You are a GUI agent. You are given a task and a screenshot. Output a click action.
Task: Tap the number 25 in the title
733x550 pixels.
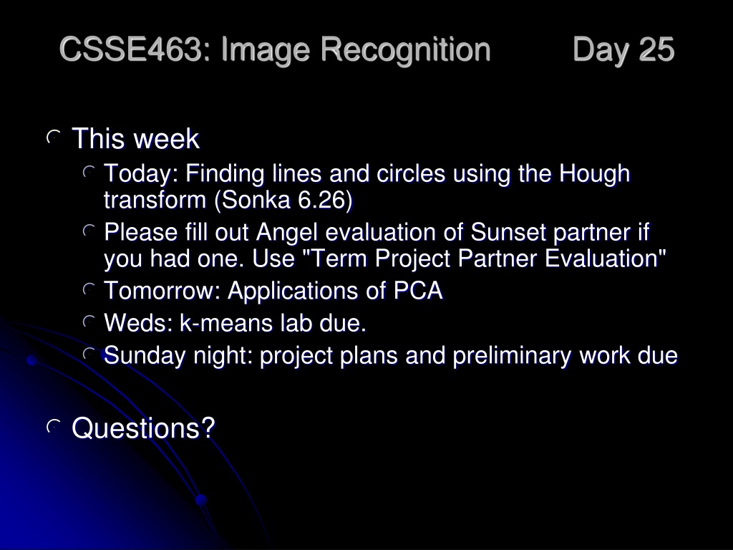coord(656,49)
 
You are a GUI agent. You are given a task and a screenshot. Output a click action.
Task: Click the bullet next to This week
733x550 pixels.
coord(54,137)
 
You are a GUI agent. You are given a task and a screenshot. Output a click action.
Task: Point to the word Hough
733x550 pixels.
coord(595,174)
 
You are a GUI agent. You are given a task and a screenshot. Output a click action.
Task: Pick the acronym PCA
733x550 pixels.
coord(418,291)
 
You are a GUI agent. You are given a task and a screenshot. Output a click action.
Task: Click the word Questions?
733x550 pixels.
coord(143,428)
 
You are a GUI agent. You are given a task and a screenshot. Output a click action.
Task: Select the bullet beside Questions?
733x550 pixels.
coord(54,426)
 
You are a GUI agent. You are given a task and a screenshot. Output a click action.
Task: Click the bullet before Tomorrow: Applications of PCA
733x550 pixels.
coord(89,289)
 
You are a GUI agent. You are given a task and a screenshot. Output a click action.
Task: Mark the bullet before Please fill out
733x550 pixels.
coord(89,231)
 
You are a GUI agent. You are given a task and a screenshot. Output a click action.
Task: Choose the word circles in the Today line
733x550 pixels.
coord(411,174)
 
